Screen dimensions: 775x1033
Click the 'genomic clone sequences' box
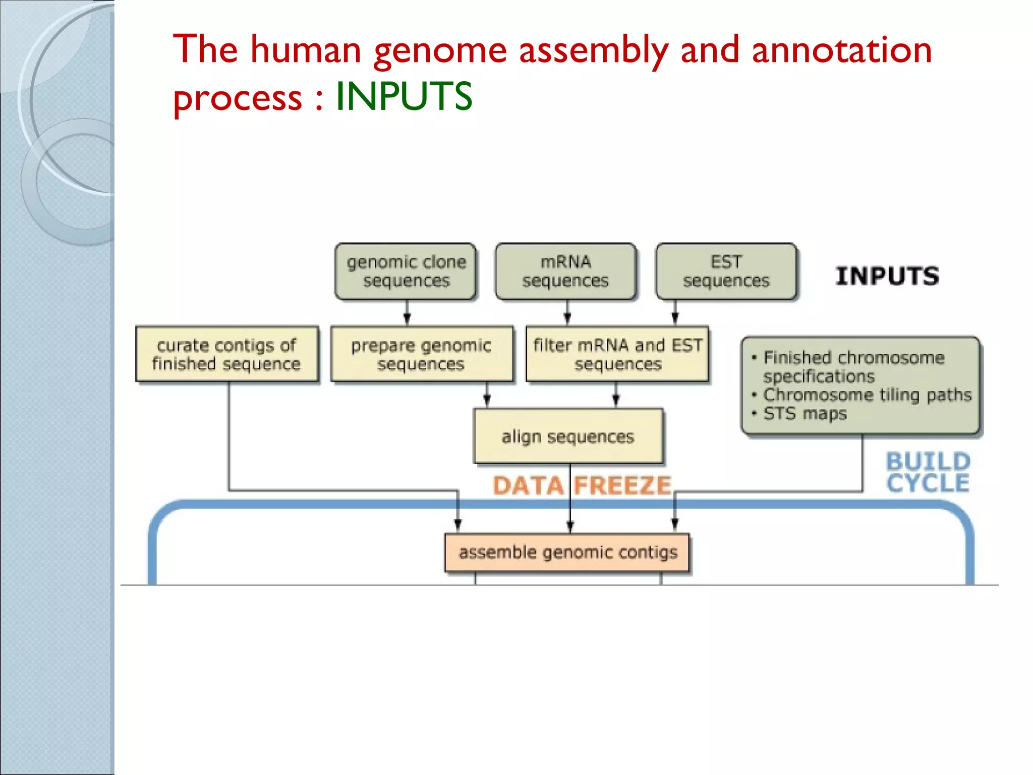(x=406, y=271)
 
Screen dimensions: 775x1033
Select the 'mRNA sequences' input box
(x=565, y=271)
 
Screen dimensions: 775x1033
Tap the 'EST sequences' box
(x=726, y=271)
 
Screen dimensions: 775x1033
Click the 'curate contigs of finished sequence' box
(x=227, y=354)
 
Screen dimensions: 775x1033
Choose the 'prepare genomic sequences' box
(x=422, y=354)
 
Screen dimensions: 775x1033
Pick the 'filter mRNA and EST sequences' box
(x=617, y=354)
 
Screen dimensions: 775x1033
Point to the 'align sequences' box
(x=568, y=436)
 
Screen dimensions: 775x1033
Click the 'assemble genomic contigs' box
(x=567, y=552)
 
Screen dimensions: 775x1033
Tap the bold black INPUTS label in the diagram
(x=887, y=276)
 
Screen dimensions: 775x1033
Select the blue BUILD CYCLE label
(x=928, y=472)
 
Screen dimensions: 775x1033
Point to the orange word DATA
(x=528, y=485)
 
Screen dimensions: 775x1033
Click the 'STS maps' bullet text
(x=805, y=414)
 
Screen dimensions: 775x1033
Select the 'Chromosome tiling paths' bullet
(x=867, y=395)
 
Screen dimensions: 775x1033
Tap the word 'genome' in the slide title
(x=440, y=50)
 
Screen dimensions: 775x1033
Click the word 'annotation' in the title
(x=841, y=50)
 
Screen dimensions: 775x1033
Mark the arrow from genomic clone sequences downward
(x=407, y=313)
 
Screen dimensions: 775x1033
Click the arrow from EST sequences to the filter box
(x=675, y=313)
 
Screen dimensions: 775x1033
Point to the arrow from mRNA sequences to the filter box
(x=567, y=313)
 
